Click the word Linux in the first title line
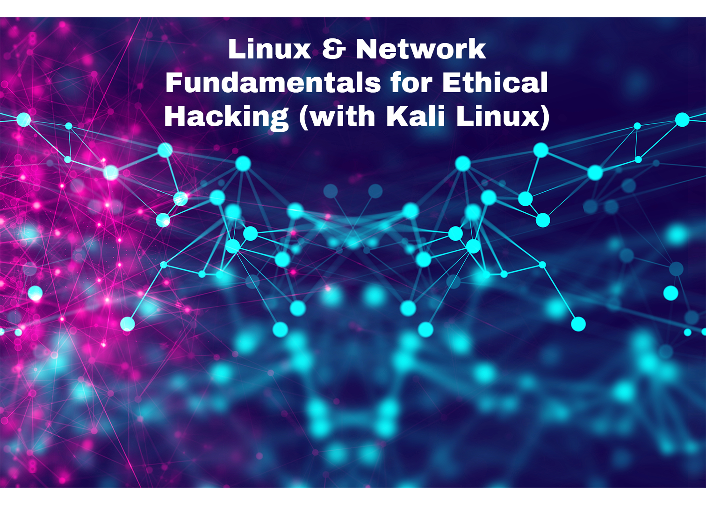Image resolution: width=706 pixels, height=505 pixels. click(x=269, y=49)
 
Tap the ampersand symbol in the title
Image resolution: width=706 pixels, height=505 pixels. click(x=334, y=49)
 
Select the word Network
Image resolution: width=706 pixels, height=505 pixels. click(x=421, y=49)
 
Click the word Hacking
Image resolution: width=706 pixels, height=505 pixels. click(x=226, y=117)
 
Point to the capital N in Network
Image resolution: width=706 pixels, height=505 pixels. click(x=367, y=49)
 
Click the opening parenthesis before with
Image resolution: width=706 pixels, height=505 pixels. click(x=304, y=117)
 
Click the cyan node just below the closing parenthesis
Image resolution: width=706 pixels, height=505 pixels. click(x=541, y=150)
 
